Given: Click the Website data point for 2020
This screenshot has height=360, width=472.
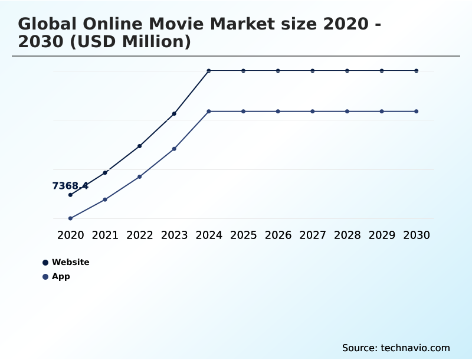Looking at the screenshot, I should coord(70,195).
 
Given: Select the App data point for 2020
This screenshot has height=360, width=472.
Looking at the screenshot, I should coord(70,218).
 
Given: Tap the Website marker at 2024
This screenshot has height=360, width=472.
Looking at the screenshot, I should coord(209,71).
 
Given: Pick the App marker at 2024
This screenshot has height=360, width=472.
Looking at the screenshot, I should coord(209,112).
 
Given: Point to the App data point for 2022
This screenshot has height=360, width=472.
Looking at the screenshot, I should coord(140,176).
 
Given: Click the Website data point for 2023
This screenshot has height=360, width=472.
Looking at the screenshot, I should coord(174,113).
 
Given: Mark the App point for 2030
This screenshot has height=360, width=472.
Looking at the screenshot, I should coord(417,112).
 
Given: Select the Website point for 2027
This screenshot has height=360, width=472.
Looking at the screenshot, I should coord(313,71).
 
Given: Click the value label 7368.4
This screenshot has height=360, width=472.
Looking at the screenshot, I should coord(70,186).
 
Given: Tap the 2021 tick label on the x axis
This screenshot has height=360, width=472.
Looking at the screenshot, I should coord(105,235).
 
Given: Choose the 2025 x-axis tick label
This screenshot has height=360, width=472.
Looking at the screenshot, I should coord(243,235).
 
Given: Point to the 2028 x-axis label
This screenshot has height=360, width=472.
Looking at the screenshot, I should coord(347,235).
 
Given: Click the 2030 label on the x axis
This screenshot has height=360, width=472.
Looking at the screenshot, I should coord(417,235).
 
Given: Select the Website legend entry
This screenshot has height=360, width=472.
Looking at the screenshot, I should coord(70,262).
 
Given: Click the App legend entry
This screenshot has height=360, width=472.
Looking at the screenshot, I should coord(61,276).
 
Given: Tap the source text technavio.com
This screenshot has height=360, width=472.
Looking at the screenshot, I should coord(415,348).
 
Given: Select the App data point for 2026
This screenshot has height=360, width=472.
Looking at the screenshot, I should coord(278,112).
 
